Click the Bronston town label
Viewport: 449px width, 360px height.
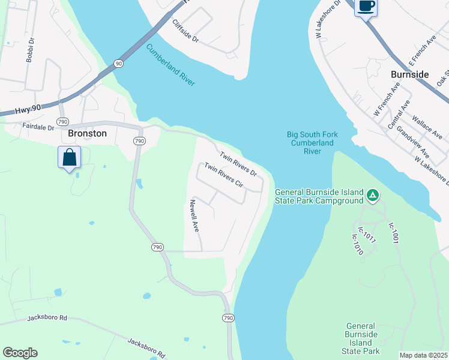pyautogui.click(x=88, y=133)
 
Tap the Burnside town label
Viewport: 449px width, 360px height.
pyautogui.click(x=410, y=74)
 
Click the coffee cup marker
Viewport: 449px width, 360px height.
pyautogui.click(x=366, y=7)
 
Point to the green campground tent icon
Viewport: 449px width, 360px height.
pyautogui.click(x=373, y=195)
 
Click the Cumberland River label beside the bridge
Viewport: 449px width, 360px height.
pyautogui.click(x=170, y=65)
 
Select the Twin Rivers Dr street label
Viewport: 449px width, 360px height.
pyautogui.click(x=238, y=164)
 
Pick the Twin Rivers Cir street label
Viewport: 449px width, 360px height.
pyautogui.click(x=223, y=175)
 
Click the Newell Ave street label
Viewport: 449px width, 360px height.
pyautogui.click(x=194, y=216)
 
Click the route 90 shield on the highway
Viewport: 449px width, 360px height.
pyautogui.click(x=118, y=64)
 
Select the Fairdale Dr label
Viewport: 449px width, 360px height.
pyautogui.click(x=38, y=127)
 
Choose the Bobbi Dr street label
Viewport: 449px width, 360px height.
pyautogui.click(x=29, y=52)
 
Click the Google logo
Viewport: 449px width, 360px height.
pyautogui.click(x=20, y=353)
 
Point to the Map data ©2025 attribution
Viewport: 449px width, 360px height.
pyautogui.click(x=423, y=355)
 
